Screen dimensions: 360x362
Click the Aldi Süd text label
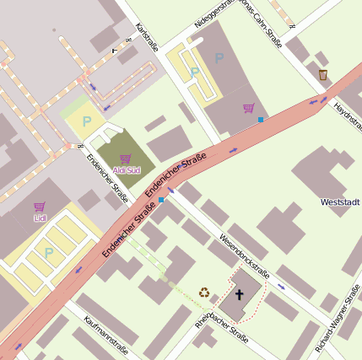125,170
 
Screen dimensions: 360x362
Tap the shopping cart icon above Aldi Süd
125,159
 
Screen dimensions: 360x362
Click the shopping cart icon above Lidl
40,207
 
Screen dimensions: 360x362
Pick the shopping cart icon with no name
248,108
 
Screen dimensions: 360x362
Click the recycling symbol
204,293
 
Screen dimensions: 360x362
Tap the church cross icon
239,294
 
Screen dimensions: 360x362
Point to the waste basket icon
323,76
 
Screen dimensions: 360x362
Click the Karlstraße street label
147,35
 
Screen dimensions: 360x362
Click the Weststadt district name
340,202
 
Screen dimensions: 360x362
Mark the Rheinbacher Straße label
221,327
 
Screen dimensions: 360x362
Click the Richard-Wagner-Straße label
337,320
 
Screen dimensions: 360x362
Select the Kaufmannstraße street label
105,336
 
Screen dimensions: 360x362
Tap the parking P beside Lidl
48,251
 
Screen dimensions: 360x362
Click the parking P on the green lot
85,121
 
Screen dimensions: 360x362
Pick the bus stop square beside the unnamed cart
261,121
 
